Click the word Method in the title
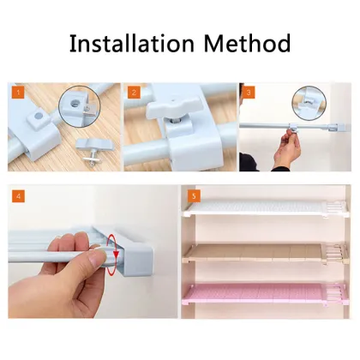(248, 43)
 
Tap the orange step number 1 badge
(16, 91)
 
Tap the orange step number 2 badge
(133, 91)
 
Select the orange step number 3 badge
(249, 91)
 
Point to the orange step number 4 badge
(19, 196)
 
